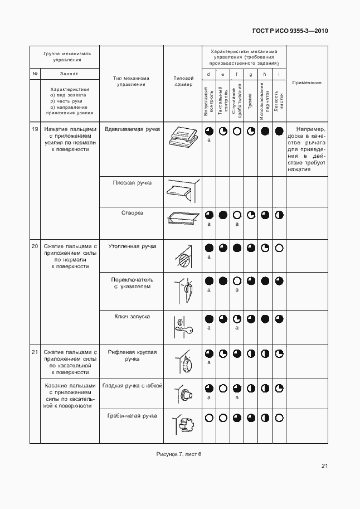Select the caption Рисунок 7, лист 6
[x=179, y=454]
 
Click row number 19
[x=35, y=129]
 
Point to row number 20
[x=35, y=246]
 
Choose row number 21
[x=35, y=352]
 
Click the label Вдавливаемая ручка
[x=131, y=129]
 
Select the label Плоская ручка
[x=131, y=182]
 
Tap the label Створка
[x=131, y=213]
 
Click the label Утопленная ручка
[x=131, y=246]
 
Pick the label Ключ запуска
[x=131, y=317]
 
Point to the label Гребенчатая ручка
[x=131, y=416]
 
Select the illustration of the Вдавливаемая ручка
[x=183, y=135]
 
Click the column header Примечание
[x=307, y=83]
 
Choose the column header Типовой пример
[x=183, y=81]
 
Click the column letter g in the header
[x=251, y=74]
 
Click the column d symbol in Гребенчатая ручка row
[x=208, y=417]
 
